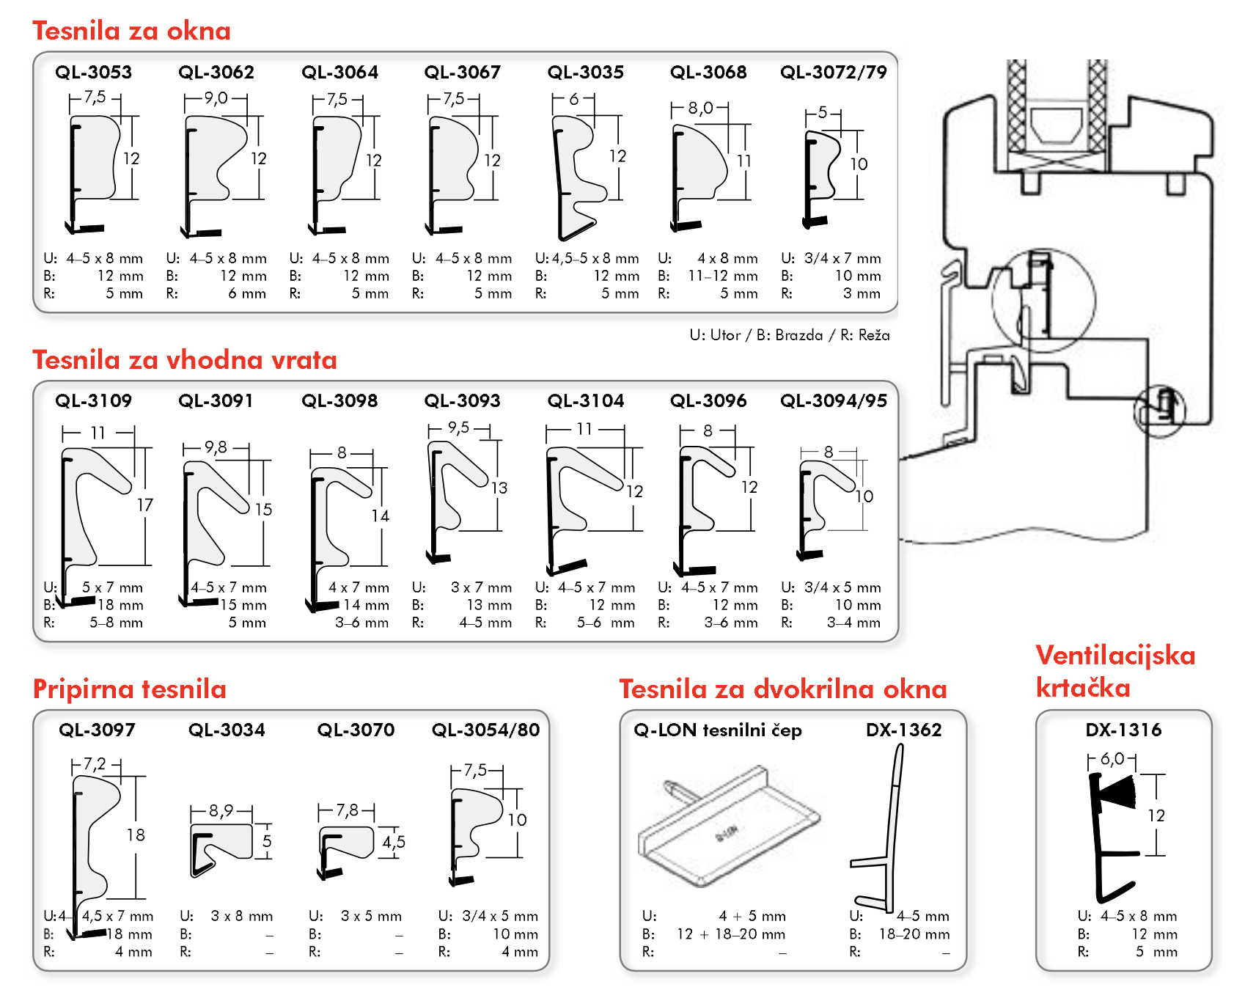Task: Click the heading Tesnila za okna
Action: pyautogui.click(x=132, y=31)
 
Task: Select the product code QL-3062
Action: pyautogui.click(x=216, y=72)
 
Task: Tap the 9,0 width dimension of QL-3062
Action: pyautogui.click(x=216, y=98)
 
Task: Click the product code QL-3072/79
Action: pyautogui.click(x=834, y=72)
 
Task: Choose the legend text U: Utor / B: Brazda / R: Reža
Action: pyautogui.click(x=790, y=335)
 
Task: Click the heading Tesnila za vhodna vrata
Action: pyautogui.click(x=185, y=360)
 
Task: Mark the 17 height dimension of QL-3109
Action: pyautogui.click(x=145, y=505)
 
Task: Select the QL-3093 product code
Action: pyautogui.click(x=463, y=400)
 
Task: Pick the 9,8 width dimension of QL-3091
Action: pyautogui.click(x=216, y=447)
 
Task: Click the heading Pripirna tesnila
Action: pyautogui.click(x=130, y=689)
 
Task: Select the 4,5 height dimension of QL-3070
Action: pyautogui.click(x=394, y=842)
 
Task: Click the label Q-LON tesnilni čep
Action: pyautogui.click(x=718, y=730)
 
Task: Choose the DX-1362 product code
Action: pyautogui.click(x=904, y=730)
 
